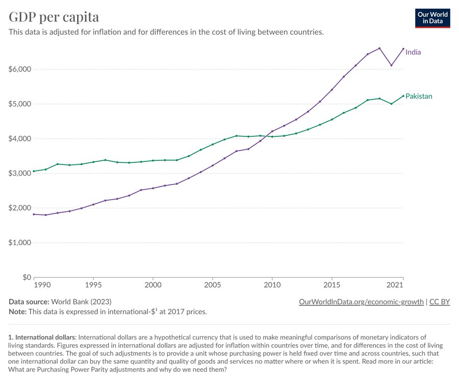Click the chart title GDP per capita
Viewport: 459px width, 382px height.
(x=54, y=17)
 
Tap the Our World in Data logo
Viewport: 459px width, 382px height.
(x=432, y=18)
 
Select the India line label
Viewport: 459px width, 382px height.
(x=413, y=52)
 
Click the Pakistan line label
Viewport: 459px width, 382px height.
(x=419, y=96)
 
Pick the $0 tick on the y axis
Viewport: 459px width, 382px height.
(x=26, y=277)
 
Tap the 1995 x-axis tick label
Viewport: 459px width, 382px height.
(x=93, y=284)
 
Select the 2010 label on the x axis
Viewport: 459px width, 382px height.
(x=272, y=284)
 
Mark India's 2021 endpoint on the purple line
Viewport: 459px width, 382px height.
(x=403, y=49)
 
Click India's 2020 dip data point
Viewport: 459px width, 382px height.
(x=391, y=65)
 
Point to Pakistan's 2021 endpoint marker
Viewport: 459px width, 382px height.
(x=403, y=96)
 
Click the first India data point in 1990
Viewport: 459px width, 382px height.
(x=34, y=214)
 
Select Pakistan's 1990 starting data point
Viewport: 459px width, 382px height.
(x=34, y=171)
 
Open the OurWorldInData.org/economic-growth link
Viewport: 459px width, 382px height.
(x=361, y=301)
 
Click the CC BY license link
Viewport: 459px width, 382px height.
(x=440, y=301)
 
